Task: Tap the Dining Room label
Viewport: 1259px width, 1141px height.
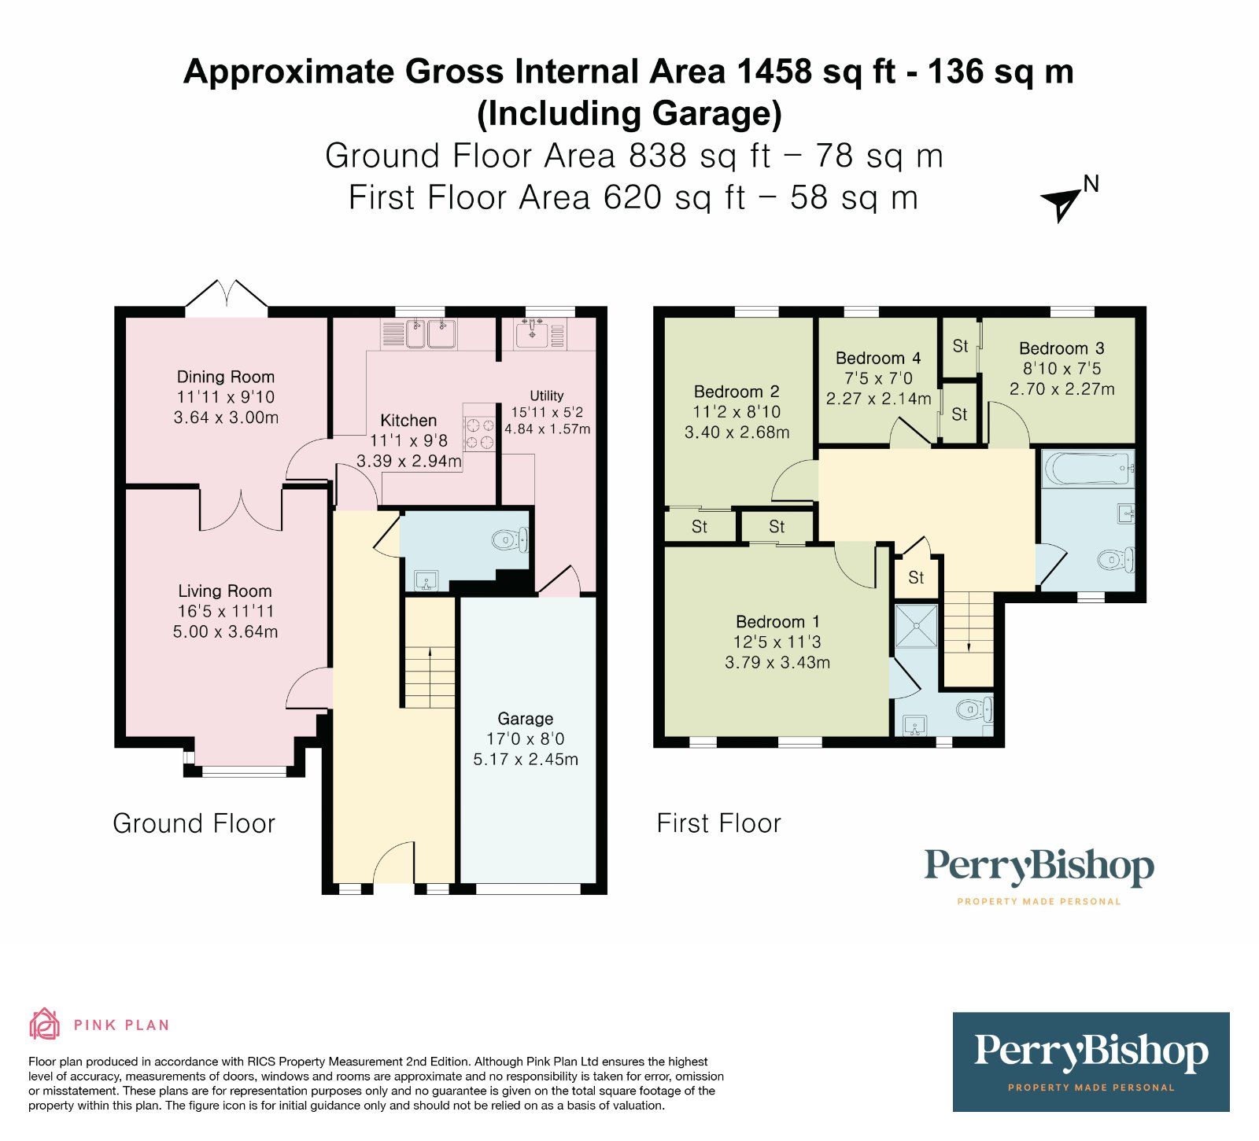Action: point(225,377)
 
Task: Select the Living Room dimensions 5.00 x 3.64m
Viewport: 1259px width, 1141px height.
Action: point(225,631)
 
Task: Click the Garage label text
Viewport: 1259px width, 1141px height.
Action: point(525,719)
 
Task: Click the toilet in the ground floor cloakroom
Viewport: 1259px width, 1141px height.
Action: point(510,539)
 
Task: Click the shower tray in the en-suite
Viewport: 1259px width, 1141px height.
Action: point(917,626)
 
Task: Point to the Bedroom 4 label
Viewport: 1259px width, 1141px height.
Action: point(878,358)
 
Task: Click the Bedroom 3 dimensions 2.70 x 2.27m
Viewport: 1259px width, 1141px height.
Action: point(1061,389)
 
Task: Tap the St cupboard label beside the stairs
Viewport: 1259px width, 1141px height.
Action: point(916,578)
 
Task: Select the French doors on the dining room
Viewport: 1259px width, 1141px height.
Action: point(227,297)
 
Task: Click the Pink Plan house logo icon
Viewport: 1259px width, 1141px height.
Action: point(44,1024)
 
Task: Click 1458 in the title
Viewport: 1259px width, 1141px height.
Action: point(773,72)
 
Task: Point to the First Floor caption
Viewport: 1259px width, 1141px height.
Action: point(718,823)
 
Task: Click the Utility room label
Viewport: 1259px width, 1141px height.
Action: point(546,396)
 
